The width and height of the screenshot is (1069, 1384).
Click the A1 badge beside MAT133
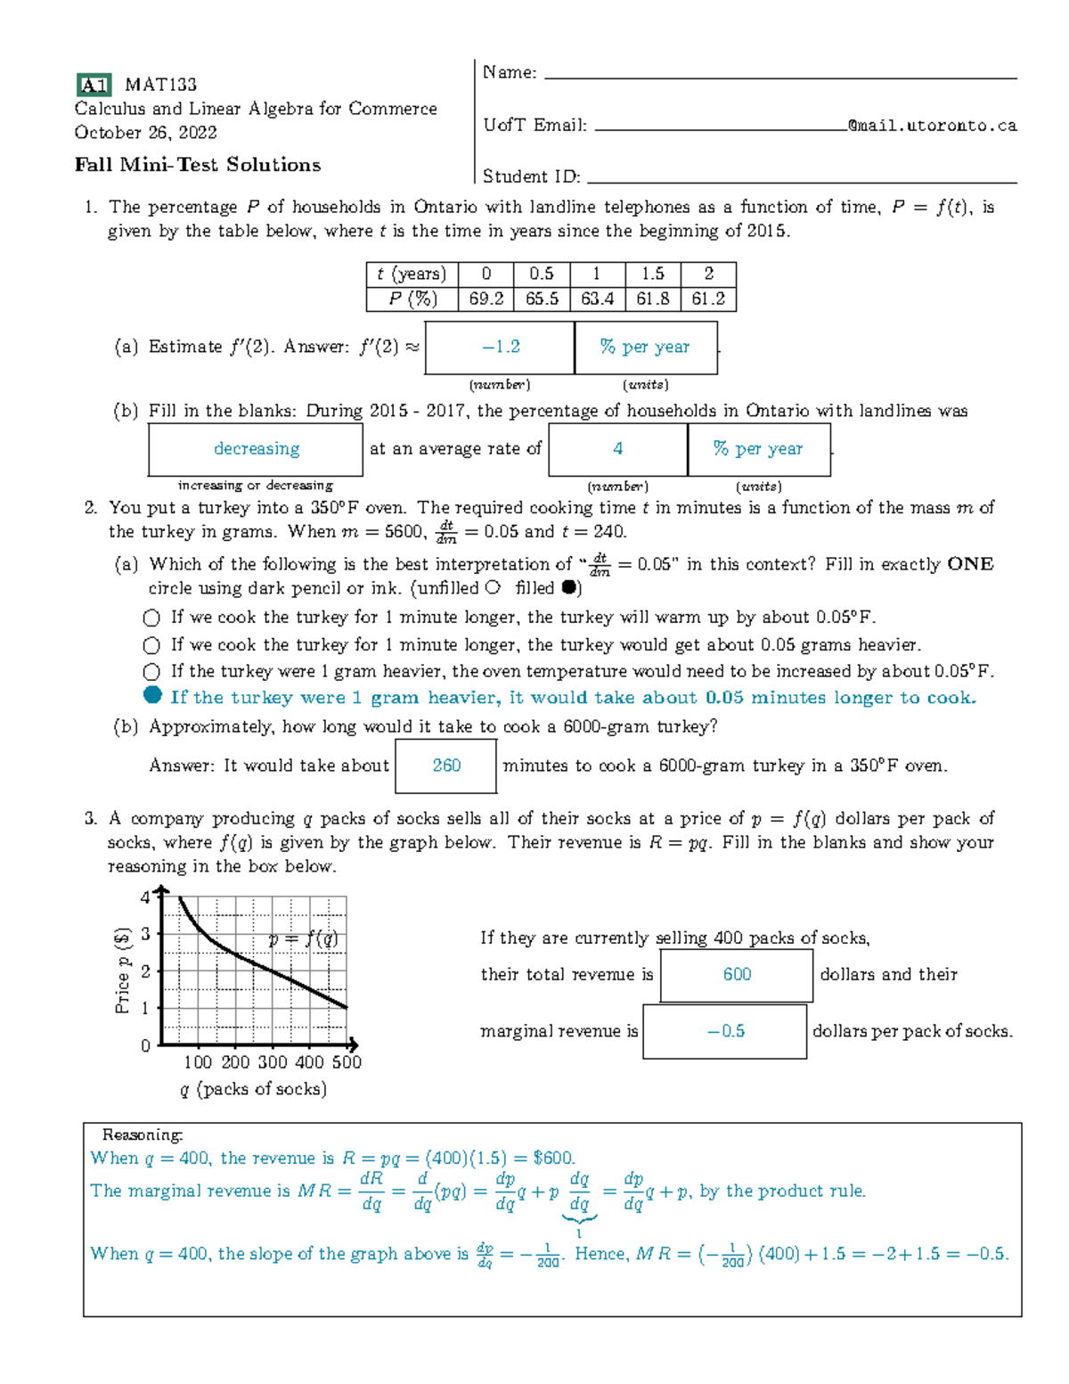tap(94, 86)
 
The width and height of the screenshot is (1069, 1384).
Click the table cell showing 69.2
tap(486, 299)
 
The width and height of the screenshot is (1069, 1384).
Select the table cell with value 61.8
tap(652, 299)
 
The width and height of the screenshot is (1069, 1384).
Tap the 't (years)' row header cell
tap(411, 274)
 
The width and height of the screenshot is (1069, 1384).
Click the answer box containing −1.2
tap(500, 348)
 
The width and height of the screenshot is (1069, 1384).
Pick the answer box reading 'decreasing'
tap(256, 449)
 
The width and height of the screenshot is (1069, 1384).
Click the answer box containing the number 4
tap(617, 449)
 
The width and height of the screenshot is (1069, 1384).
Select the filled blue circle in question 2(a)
tap(152, 696)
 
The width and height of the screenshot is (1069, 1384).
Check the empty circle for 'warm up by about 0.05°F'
tap(151, 618)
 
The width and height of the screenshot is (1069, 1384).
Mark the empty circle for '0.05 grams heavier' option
tap(151, 645)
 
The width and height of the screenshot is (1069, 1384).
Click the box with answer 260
tap(445, 766)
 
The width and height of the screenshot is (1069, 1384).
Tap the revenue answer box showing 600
tap(736, 975)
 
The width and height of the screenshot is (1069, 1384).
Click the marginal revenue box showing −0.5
tap(724, 1031)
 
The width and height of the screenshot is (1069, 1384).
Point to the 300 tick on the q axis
tap(272, 1062)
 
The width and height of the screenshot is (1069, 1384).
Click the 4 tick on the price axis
tap(145, 897)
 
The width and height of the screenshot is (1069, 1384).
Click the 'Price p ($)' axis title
tap(123, 970)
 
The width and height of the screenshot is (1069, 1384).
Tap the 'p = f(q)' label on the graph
tap(303, 939)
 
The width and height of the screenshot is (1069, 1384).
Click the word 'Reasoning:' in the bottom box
tap(142, 1134)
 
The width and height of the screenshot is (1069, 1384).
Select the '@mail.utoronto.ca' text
tap(932, 126)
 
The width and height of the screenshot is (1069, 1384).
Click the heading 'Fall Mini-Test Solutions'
tap(197, 165)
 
